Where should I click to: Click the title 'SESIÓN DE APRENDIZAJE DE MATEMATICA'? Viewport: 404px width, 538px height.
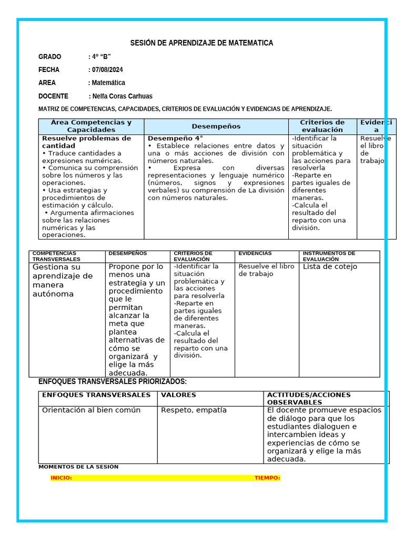201,43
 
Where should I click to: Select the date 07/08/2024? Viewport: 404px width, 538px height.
107,69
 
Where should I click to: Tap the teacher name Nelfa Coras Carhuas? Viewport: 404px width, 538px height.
122,96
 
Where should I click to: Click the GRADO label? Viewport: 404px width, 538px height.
49,56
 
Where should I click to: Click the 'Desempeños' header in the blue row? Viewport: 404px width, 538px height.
216,126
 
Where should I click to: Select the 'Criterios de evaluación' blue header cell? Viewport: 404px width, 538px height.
322,126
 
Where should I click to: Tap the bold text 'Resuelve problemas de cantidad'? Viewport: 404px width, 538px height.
86,142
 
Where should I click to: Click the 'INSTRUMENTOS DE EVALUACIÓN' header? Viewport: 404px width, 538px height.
329,256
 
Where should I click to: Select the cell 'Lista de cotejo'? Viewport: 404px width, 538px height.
330,267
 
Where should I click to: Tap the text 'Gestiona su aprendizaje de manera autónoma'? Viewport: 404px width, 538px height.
62,281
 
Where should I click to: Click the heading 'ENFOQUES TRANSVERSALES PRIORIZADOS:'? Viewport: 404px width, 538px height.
113,381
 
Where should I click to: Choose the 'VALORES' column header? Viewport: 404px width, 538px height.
178,395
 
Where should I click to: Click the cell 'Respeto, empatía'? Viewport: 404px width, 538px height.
194,410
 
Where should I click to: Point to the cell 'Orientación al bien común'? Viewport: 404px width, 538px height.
91,410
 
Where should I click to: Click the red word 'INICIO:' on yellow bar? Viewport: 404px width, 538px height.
61,478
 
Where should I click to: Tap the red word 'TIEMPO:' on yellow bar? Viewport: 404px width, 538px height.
267,478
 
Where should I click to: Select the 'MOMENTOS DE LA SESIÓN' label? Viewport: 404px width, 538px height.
78,467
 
